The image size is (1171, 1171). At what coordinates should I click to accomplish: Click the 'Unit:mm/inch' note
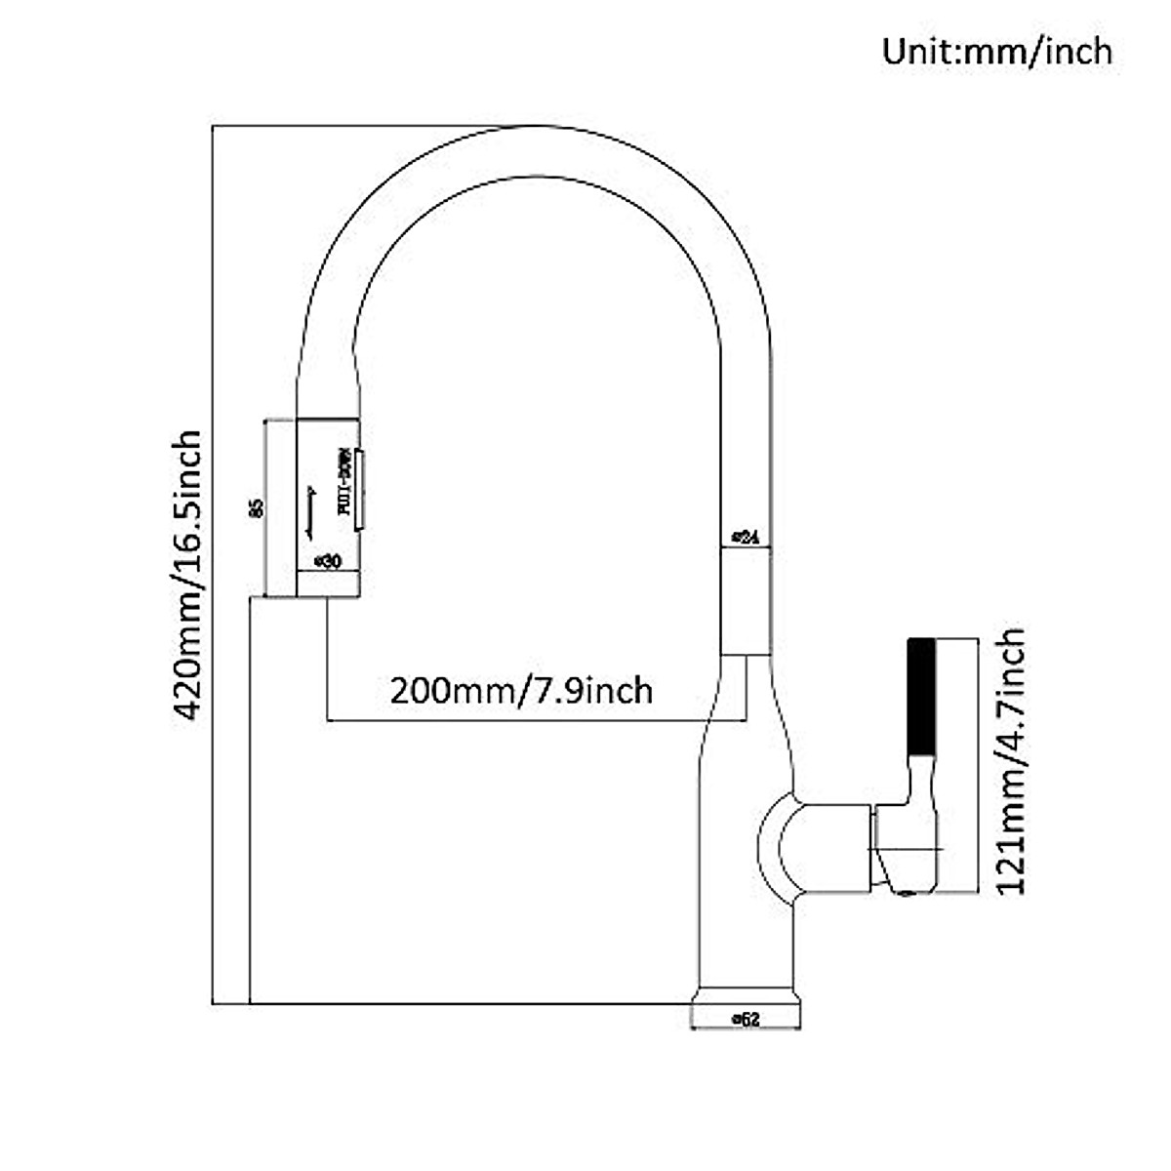[997, 51]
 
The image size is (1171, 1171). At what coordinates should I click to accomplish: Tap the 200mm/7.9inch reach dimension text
[521, 691]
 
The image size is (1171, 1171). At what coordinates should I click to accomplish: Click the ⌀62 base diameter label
[746, 1019]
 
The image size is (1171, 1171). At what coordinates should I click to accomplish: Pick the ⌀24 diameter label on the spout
[746, 537]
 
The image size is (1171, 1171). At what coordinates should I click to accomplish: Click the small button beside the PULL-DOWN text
[360, 490]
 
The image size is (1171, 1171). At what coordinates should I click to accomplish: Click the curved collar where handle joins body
[779, 846]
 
